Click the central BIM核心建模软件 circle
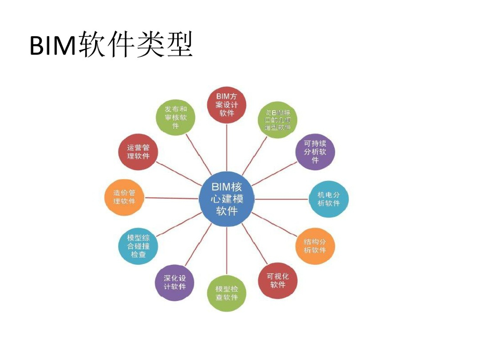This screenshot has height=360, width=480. point(227,199)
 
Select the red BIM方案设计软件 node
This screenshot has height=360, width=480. point(227,105)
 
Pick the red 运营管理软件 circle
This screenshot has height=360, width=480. point(138,152)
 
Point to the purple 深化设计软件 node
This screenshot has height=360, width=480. point(174,282)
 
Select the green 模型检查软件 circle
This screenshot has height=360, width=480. point(227,293)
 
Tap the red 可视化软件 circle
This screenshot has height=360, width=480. point(278,280)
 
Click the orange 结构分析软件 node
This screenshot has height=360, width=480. point(315,246)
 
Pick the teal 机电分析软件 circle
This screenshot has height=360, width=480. point(329,199)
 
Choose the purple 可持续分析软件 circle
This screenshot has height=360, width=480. point(315,151)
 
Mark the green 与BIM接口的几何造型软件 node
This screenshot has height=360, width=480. point(278,120)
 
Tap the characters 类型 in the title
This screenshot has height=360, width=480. point(164,45)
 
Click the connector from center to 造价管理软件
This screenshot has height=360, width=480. point(171,198)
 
